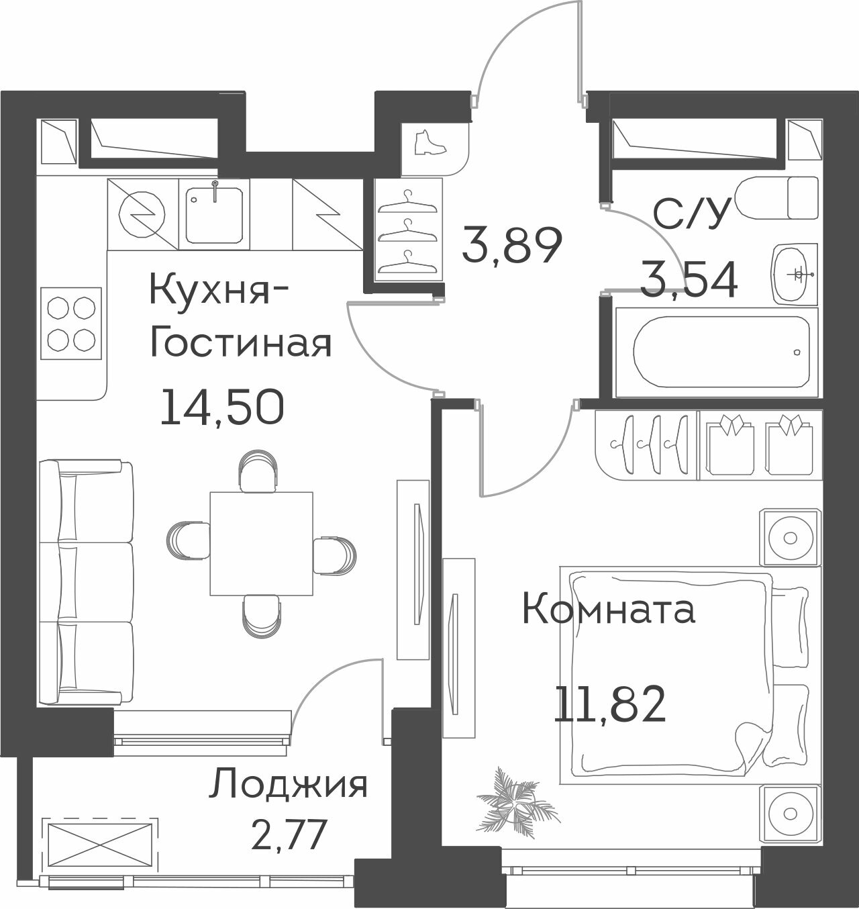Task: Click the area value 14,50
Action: [221, 407]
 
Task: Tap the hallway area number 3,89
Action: [511, 246]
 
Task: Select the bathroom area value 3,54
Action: [689, 281]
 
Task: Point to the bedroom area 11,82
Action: [609, 704]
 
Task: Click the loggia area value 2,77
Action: [288, 835]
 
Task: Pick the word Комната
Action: [608, 611]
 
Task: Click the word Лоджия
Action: [289, 785]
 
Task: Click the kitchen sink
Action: [214, 214]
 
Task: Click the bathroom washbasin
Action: [795, 273]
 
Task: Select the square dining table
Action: [261, 544]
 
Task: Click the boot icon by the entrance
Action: [426, 142]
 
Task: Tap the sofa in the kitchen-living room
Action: [85, 582]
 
